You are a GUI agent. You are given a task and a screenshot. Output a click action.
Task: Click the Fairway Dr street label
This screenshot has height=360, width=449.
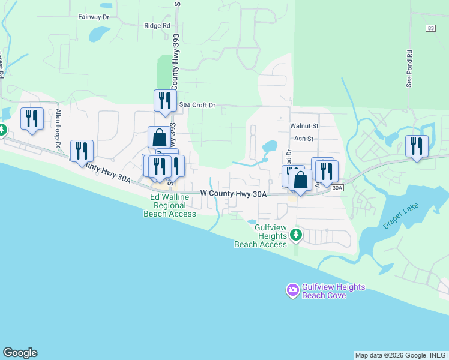94,17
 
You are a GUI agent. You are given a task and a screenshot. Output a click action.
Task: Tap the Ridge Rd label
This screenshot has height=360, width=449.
157,26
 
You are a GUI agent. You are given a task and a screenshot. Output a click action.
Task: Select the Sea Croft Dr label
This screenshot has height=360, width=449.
197,105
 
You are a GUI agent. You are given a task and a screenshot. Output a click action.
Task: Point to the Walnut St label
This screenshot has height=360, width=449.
304,126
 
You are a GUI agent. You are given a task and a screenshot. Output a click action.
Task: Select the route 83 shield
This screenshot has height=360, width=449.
430,28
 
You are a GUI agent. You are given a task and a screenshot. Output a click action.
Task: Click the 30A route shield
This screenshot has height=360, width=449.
337,188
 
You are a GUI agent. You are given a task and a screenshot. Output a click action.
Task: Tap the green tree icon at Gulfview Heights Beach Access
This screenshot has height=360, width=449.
295,235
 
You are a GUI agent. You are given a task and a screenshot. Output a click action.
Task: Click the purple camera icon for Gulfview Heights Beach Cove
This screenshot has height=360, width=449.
292,291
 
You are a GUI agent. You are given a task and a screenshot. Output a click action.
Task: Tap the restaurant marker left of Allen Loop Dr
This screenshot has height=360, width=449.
32,118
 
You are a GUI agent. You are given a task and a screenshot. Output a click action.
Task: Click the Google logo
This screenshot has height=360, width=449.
20,353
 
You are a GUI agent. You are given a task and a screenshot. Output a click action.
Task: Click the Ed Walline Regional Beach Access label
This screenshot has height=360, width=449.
170,206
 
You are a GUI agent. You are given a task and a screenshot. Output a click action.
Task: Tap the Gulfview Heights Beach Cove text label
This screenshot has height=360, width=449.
333,291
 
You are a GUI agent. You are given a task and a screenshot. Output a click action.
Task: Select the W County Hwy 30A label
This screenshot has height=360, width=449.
233,194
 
